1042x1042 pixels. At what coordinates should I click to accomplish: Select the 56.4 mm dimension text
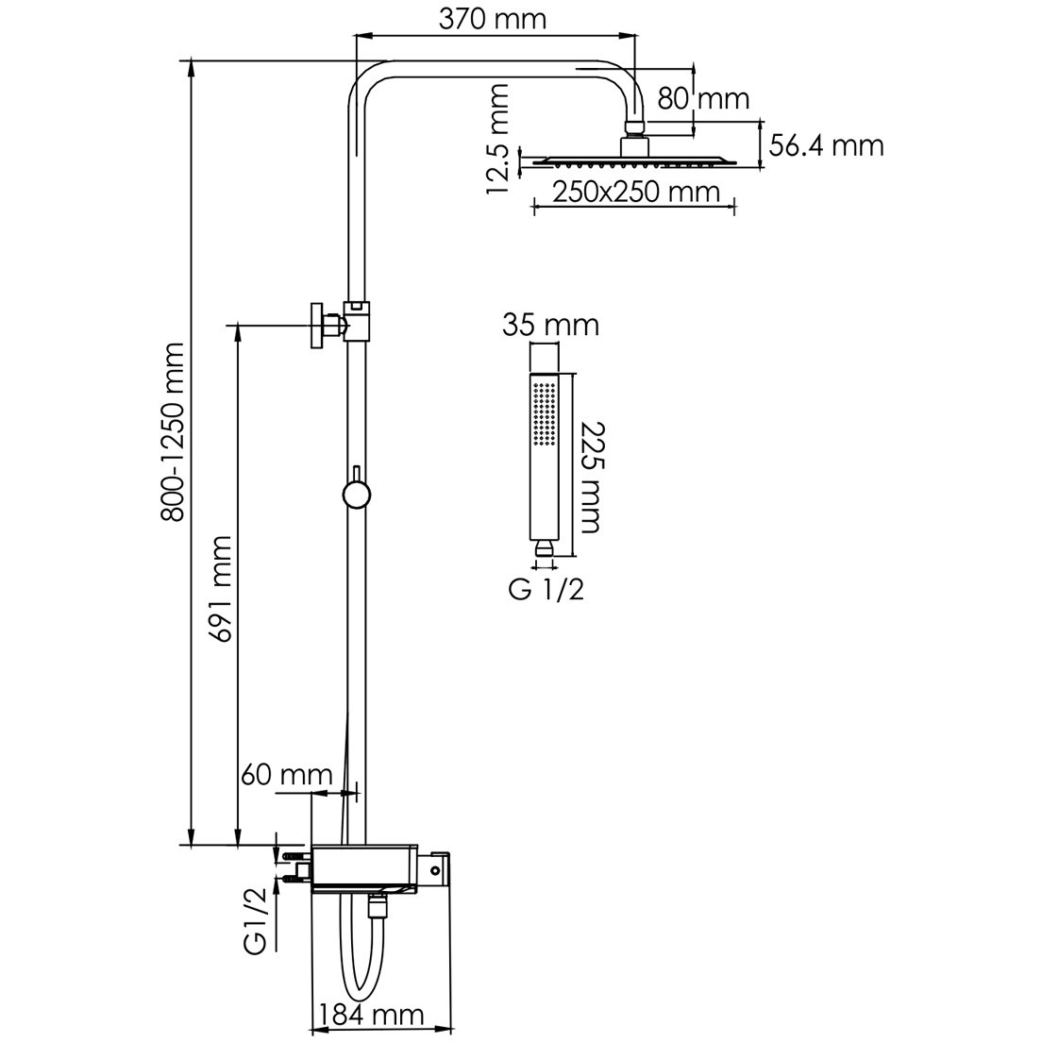coord(827,145)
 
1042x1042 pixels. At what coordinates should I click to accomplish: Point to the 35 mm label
coord(552,326)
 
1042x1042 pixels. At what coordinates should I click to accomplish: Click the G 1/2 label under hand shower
coord(546,591)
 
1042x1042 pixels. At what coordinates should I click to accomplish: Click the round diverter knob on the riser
coord(356,495)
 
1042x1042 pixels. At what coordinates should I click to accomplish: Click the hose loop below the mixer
coord(358,963)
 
